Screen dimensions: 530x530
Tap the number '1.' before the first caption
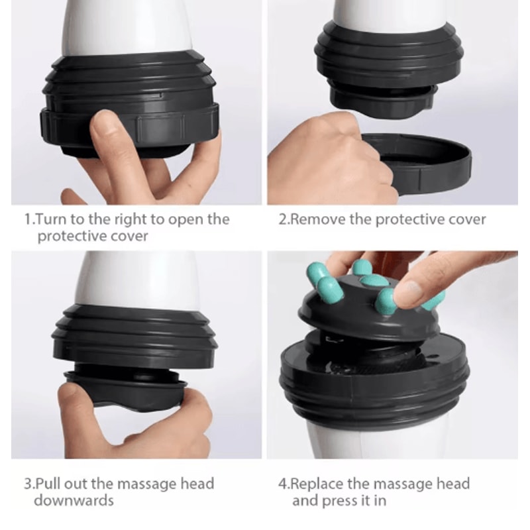(x=29, y=219)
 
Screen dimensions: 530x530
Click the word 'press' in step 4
(x=339, y=500)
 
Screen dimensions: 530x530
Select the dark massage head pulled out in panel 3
(x=132, y=391)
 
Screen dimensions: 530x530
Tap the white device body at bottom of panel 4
(x=371, y=437)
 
